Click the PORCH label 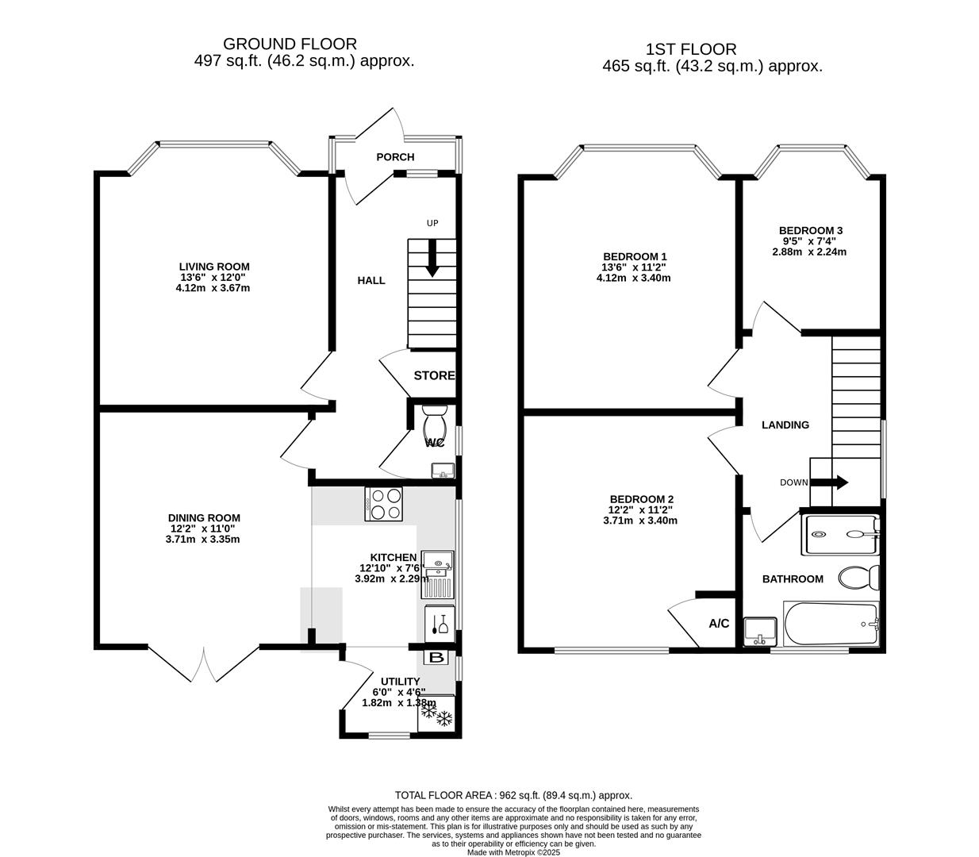(395, 157)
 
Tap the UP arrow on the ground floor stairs (432, 263)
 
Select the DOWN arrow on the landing (838, 482)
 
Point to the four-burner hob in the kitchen (386, 503)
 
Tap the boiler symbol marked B (436, 658)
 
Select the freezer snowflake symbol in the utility (436, 717)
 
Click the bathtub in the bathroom (831, 624)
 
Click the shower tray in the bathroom (840, 535)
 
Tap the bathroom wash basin (762, 630)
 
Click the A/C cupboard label (719, 624)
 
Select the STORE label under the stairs (434, 375)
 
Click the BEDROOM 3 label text (810, 231)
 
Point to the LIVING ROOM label (214, 267)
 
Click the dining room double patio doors (204, 665)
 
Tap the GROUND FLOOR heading (290, 44)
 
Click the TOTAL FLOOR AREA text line (513, 795)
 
